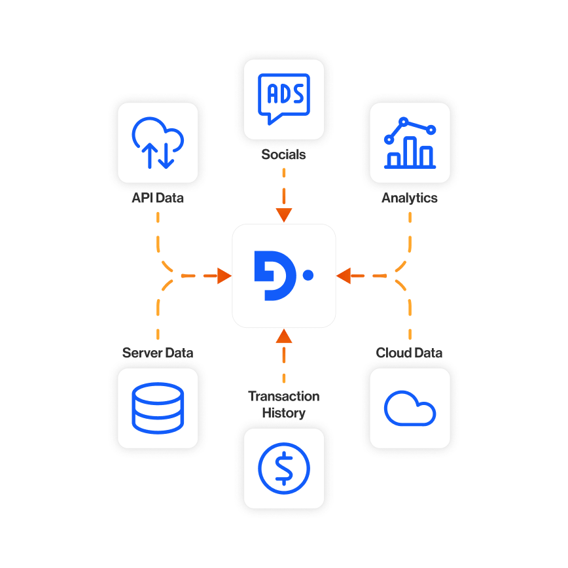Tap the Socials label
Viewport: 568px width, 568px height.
(283, 154)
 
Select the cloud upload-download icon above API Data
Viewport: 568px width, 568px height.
(158, 143)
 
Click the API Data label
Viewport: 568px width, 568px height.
(158, 198)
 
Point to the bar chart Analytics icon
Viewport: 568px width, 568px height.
(410, 143)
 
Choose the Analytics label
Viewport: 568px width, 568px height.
(410, 198)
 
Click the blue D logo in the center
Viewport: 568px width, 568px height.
(275, 275)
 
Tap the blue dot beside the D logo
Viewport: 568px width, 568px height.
(308, 275)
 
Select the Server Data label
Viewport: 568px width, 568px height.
(158, 353)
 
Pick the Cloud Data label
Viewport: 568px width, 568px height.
(410, 353)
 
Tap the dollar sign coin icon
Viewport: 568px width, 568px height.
(284, 469)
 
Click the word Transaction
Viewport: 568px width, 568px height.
(284, 397)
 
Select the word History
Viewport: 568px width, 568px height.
(284, 413)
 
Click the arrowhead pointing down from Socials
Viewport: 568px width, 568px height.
(284, 215)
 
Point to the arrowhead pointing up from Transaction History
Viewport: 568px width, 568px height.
(284, 336)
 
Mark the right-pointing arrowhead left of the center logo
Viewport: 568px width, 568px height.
(224, 275)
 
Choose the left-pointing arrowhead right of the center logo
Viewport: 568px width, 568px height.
(344, 275)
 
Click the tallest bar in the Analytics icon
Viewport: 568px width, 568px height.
(410, 151)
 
